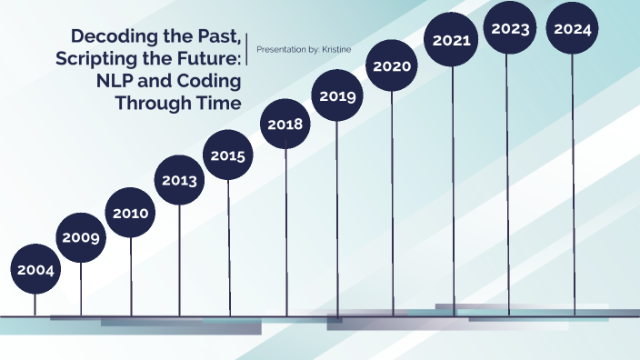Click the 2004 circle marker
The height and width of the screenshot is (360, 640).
(x=35, y=270)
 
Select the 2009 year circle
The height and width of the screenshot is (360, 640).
(x=81, y=238)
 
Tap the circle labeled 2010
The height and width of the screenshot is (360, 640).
(x=131, y=214)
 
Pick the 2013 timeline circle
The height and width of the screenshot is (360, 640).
(x=179, y=180)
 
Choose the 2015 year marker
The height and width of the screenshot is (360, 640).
(x=227, y=155)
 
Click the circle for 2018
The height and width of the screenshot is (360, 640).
(x=286, y=125)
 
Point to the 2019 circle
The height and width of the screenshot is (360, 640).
(x=337, y=95)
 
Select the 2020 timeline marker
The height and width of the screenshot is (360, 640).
(x=392, y=66)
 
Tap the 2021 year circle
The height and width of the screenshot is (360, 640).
(x=451, y=40)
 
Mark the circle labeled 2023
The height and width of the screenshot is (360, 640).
(x=510, y=28)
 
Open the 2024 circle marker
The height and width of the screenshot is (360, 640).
(x=573, y=29)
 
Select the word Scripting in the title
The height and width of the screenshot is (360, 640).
(x=94, y=59)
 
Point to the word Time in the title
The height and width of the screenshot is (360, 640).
(x=220, y=103)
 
